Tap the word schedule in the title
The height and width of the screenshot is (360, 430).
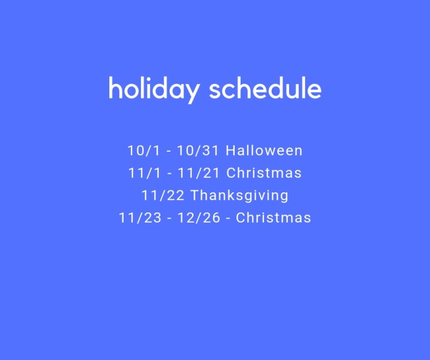point(265,89)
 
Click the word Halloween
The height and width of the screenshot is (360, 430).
point(263,150)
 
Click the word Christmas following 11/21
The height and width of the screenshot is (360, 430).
point(264,173)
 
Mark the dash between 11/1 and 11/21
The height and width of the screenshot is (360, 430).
point(168,174)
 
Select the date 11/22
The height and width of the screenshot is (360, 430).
point(162,195)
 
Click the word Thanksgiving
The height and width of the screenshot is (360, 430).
point(239,196)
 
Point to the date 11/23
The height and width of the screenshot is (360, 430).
point(140,218)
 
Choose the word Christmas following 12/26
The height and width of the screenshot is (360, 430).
point(274,218)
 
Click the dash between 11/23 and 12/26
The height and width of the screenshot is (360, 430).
point(170,219)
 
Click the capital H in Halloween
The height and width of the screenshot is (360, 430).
point(230,150)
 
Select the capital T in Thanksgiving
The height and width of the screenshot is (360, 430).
point(195,195)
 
